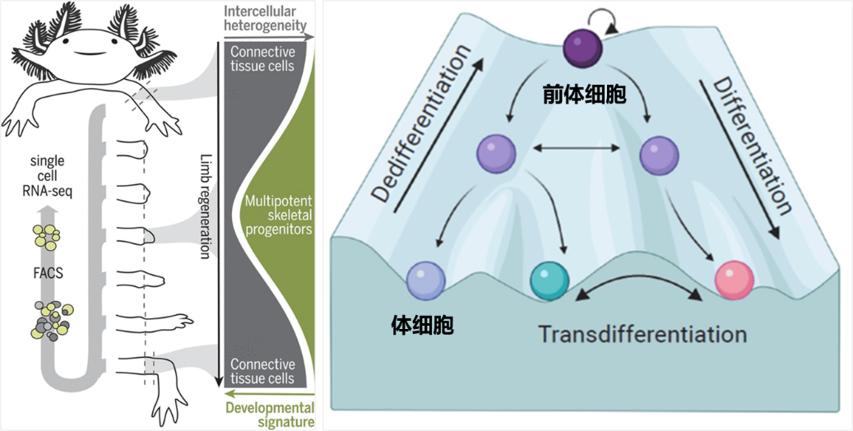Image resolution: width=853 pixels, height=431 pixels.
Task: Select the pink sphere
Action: coord(733,280)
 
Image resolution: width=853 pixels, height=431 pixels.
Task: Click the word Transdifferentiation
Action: coord(642,335)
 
